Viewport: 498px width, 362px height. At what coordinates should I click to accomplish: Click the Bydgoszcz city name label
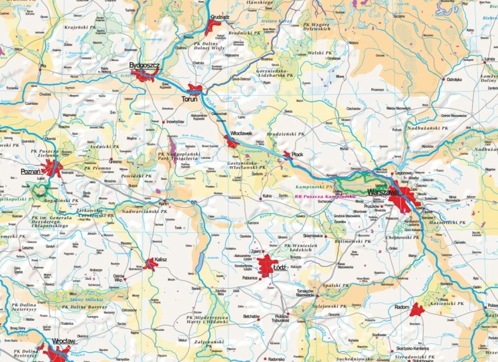[145, 66]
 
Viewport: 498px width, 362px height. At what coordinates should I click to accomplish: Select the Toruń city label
[189, 100]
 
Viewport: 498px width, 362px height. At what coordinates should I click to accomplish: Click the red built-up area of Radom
[417, 310]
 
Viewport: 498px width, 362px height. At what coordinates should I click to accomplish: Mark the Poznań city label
[31, 171]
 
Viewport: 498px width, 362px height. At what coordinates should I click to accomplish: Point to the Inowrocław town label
[175, 122]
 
